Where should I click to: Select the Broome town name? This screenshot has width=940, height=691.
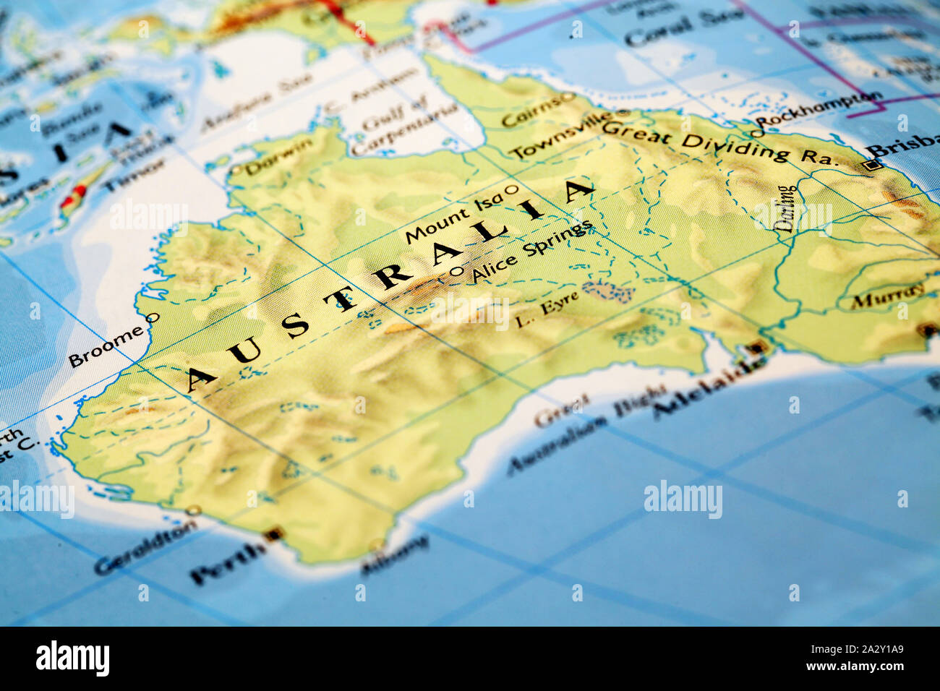click(x=106, y=347)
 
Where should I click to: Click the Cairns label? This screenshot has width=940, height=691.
click(x=530, y=111)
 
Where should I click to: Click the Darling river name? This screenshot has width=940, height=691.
click(x=786, y=209)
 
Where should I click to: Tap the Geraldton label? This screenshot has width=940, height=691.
click(x=145, y=547)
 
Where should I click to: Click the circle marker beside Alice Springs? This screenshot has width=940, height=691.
click(x=456, y=272)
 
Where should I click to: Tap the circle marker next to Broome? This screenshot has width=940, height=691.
click(x=153, y=317)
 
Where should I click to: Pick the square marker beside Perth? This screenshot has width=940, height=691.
click(x=273, y=535)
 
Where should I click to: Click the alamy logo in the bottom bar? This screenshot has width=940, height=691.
click(x=72, y=658)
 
